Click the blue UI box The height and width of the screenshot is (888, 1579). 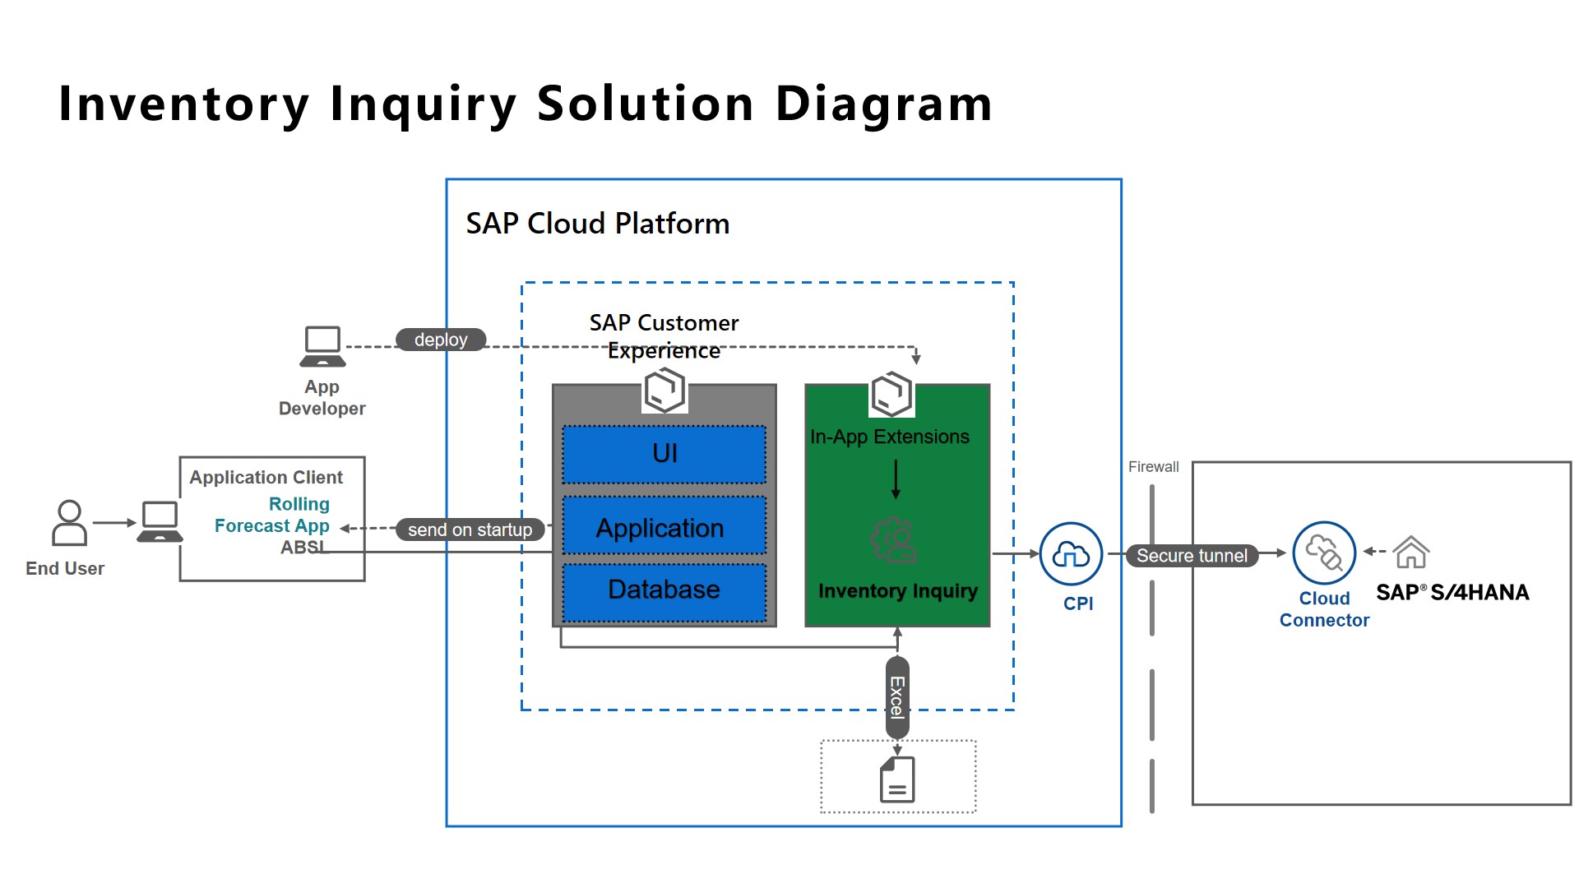[x=664, y=454]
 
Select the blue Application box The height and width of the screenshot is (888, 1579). [x=664, y=527]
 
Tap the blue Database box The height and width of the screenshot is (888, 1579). [x=664, y=590]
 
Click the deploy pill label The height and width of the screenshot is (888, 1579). [x=441, y=340]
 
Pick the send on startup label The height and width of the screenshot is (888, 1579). [x=470, y=530]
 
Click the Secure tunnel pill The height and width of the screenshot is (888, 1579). [x=1192, y=556]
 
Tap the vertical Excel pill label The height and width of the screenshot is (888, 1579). [x=897, y=697]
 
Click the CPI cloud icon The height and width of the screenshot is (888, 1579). [x=1071, y=554]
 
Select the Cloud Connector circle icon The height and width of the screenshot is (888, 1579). [x=1324, y=553]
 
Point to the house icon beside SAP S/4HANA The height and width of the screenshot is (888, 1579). [x=1411, y=552]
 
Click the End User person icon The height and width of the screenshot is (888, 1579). [x=69, y=523]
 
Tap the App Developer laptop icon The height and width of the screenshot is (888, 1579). [x=322, y=346]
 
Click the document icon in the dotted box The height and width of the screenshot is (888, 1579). [x=897, y=779]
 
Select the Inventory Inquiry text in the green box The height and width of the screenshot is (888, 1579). [x=898, y=591]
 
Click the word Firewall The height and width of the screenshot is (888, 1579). [x=1153, y=467]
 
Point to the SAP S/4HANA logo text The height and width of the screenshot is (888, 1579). [x=1452, y=593]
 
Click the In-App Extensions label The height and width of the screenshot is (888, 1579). [x=890, y=437]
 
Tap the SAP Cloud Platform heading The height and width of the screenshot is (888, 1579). [x=598, y=224]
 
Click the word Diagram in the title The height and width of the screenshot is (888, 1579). [x=884, y=104]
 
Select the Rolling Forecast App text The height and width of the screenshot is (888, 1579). [x=273, y=515]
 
